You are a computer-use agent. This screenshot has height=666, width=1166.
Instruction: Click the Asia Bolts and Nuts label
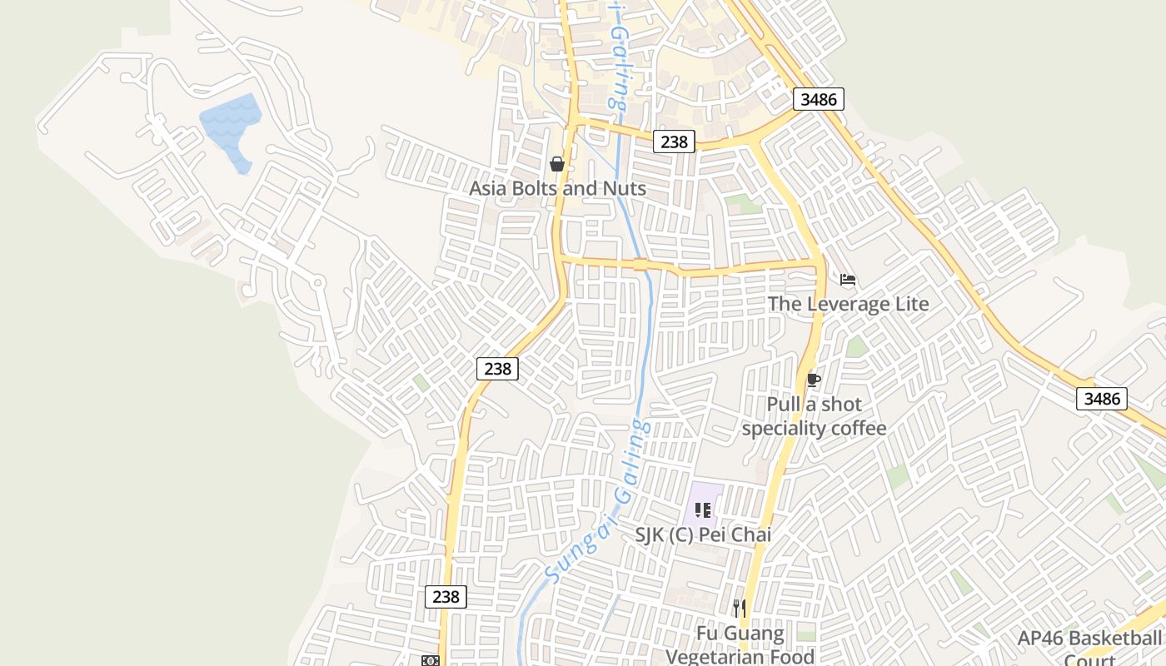[x=557, y=188]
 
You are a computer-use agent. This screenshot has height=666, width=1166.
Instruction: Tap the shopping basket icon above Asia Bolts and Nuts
[x=557, y=164]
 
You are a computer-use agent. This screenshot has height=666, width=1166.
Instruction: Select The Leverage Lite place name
[x=848, y=304]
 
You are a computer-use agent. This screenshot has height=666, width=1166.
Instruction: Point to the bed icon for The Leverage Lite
[x=848, y=280]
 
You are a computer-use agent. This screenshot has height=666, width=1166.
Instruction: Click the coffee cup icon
[x=814, y=380]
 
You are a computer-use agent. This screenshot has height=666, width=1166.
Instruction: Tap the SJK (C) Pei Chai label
[x=703, y=534]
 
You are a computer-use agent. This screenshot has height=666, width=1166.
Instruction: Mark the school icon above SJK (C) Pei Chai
[x=703, y=509]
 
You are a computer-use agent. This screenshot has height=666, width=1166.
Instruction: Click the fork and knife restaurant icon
[x=739, y=609]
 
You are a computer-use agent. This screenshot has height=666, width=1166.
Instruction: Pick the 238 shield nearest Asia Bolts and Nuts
[x=673, y=142]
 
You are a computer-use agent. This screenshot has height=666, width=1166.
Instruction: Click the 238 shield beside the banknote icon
[x=446, y=596]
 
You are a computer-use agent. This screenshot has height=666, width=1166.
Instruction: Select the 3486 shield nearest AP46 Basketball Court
[x=1102, y=399]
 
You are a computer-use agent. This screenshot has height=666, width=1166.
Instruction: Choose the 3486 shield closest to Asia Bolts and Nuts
[x=818, y=100]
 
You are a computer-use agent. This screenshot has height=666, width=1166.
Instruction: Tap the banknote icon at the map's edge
[x=430, y=660]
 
